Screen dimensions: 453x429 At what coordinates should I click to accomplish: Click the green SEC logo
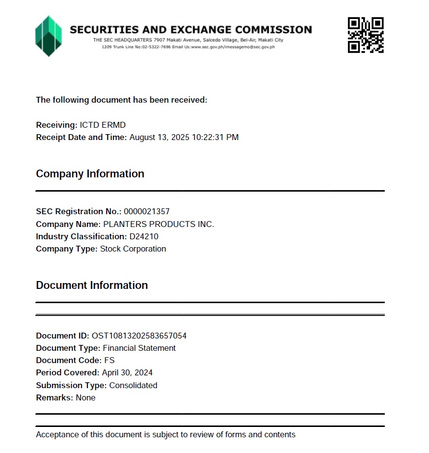click(48, 35)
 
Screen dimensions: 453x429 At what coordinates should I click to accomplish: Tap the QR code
click(365, 35)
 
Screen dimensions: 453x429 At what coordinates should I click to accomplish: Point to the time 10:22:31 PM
click(222, 138)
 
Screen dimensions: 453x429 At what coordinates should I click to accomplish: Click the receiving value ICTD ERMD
click(103, 125)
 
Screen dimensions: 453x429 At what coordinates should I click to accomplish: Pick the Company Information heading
click(90, 174)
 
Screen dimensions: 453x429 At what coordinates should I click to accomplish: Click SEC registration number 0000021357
click(146, 212)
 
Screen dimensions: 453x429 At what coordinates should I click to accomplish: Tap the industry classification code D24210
click(144, 237)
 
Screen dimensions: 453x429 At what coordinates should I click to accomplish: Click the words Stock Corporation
click(133, 249)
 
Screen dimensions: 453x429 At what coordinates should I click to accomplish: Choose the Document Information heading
click(92, 285)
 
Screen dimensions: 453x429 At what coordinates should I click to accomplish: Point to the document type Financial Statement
click(139, 348)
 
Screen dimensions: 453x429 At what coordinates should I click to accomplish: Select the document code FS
click(109, 361)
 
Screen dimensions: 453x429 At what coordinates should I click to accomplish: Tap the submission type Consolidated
click(133, 386)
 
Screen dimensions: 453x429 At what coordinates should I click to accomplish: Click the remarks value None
click(86, 398)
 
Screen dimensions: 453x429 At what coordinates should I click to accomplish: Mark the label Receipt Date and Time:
click(82, 138)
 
